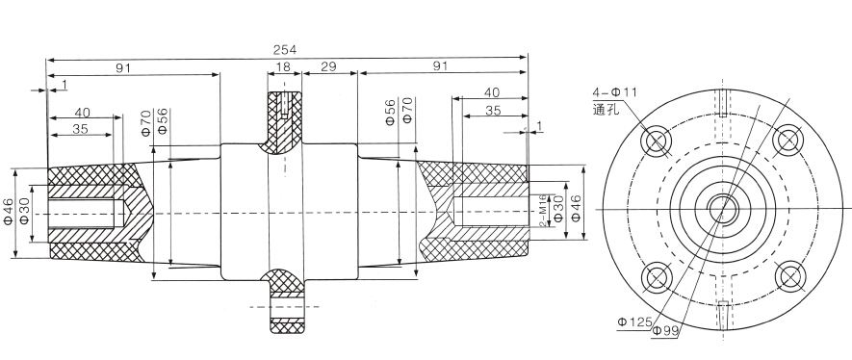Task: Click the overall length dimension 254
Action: [284, 50]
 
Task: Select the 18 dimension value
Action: [283, 66]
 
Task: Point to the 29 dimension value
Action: [328, 66]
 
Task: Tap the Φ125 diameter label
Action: [634, 322]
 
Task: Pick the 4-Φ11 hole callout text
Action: [614, 91]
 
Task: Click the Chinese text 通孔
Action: [606, 109]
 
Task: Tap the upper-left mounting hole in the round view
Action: [656, 141]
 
